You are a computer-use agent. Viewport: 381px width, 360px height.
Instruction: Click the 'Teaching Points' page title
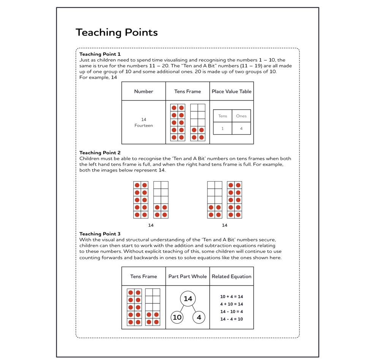pos(117,33)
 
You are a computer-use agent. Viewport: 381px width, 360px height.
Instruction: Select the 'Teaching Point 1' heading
pos(100,54)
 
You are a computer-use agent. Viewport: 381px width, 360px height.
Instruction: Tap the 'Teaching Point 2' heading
pos(100,153)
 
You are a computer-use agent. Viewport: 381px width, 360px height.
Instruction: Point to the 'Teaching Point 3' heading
pos(100,234)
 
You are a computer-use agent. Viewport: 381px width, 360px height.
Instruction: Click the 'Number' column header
pos(144,92)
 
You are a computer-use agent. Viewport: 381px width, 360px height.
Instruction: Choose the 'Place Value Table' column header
pos(231,92)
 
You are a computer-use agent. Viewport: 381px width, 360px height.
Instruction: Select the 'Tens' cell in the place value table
pos(223,116)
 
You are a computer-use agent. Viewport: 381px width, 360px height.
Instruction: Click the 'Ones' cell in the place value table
pos(241,116)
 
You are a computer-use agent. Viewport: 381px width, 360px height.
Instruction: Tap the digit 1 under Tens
pos(223,129)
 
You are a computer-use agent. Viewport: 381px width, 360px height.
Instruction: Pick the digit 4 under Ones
pos(241,129)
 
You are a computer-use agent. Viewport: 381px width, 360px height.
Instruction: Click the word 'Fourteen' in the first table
pos(144,126)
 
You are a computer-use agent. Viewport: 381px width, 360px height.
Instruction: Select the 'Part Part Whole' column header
pos(188,276)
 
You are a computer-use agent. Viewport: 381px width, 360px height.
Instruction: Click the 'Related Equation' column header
pos(231,276)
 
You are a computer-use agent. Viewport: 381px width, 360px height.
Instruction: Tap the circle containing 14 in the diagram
pos(188,299)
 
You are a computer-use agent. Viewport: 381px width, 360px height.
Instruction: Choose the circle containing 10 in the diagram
pos(177,317)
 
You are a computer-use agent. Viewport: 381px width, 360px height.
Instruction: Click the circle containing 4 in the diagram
pos(199,317)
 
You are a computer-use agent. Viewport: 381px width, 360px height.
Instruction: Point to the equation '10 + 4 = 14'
pos(231,297)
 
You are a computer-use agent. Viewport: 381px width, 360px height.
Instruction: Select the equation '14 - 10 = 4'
pos(231,311)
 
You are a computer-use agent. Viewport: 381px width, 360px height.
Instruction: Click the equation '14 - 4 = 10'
pos(231,319)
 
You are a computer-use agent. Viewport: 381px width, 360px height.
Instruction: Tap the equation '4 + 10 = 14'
pos(231,304)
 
